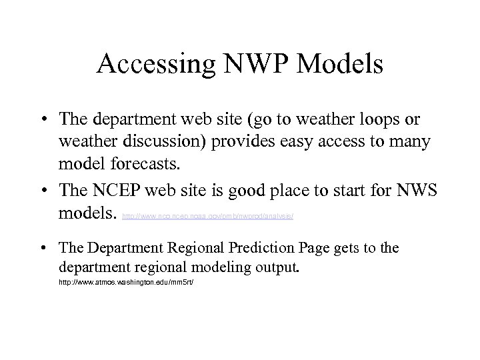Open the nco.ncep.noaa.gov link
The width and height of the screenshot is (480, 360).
[207, 216]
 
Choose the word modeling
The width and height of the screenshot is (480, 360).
[233, 268]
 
